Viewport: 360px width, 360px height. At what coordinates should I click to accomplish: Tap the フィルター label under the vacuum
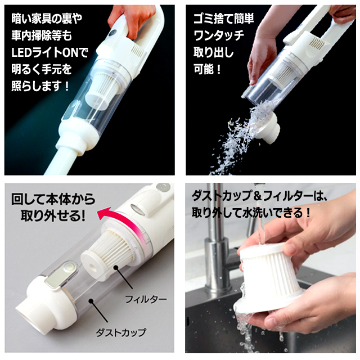[146, 299]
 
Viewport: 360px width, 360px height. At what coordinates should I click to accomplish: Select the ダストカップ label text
[121, 332]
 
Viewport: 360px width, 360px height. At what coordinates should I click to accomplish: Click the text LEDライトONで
[49, 52]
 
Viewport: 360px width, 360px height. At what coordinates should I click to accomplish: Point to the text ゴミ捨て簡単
[224, 19]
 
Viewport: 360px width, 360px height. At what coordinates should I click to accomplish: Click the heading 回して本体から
[53, 199]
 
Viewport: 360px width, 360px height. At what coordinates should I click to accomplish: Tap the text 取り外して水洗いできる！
[251, 213]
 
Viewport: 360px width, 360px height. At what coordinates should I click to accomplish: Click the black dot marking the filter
[116, 268]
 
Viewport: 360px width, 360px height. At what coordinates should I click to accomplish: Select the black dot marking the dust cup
[91, 301]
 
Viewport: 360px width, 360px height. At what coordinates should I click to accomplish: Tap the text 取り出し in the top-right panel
[213, 52]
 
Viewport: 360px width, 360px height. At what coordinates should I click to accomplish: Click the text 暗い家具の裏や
[47, 19]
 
